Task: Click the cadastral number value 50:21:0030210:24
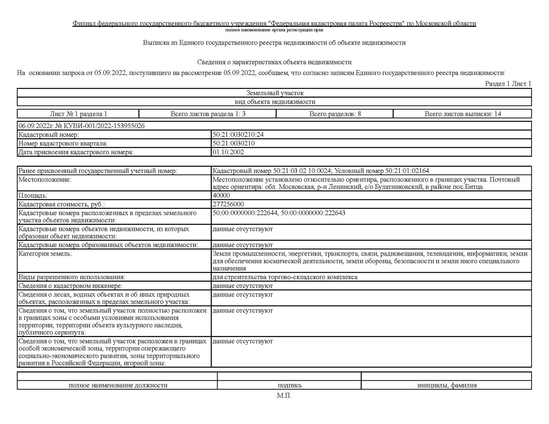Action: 238,135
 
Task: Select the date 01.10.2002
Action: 228,152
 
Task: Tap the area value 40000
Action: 221,195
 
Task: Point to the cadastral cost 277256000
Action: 228,204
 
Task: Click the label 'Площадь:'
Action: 33,196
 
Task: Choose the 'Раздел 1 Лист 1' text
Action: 508,84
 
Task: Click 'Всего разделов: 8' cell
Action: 335,114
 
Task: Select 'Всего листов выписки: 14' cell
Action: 463,114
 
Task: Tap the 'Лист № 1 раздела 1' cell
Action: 78,114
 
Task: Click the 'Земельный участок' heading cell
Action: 275,93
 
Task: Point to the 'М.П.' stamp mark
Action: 284,396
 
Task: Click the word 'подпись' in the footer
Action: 290,385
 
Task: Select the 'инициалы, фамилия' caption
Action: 447,385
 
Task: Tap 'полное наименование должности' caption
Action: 118,385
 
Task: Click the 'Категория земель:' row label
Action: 45,254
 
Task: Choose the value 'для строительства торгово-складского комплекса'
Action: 285,277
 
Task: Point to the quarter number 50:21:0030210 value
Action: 233,143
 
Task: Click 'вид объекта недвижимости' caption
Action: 275,102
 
